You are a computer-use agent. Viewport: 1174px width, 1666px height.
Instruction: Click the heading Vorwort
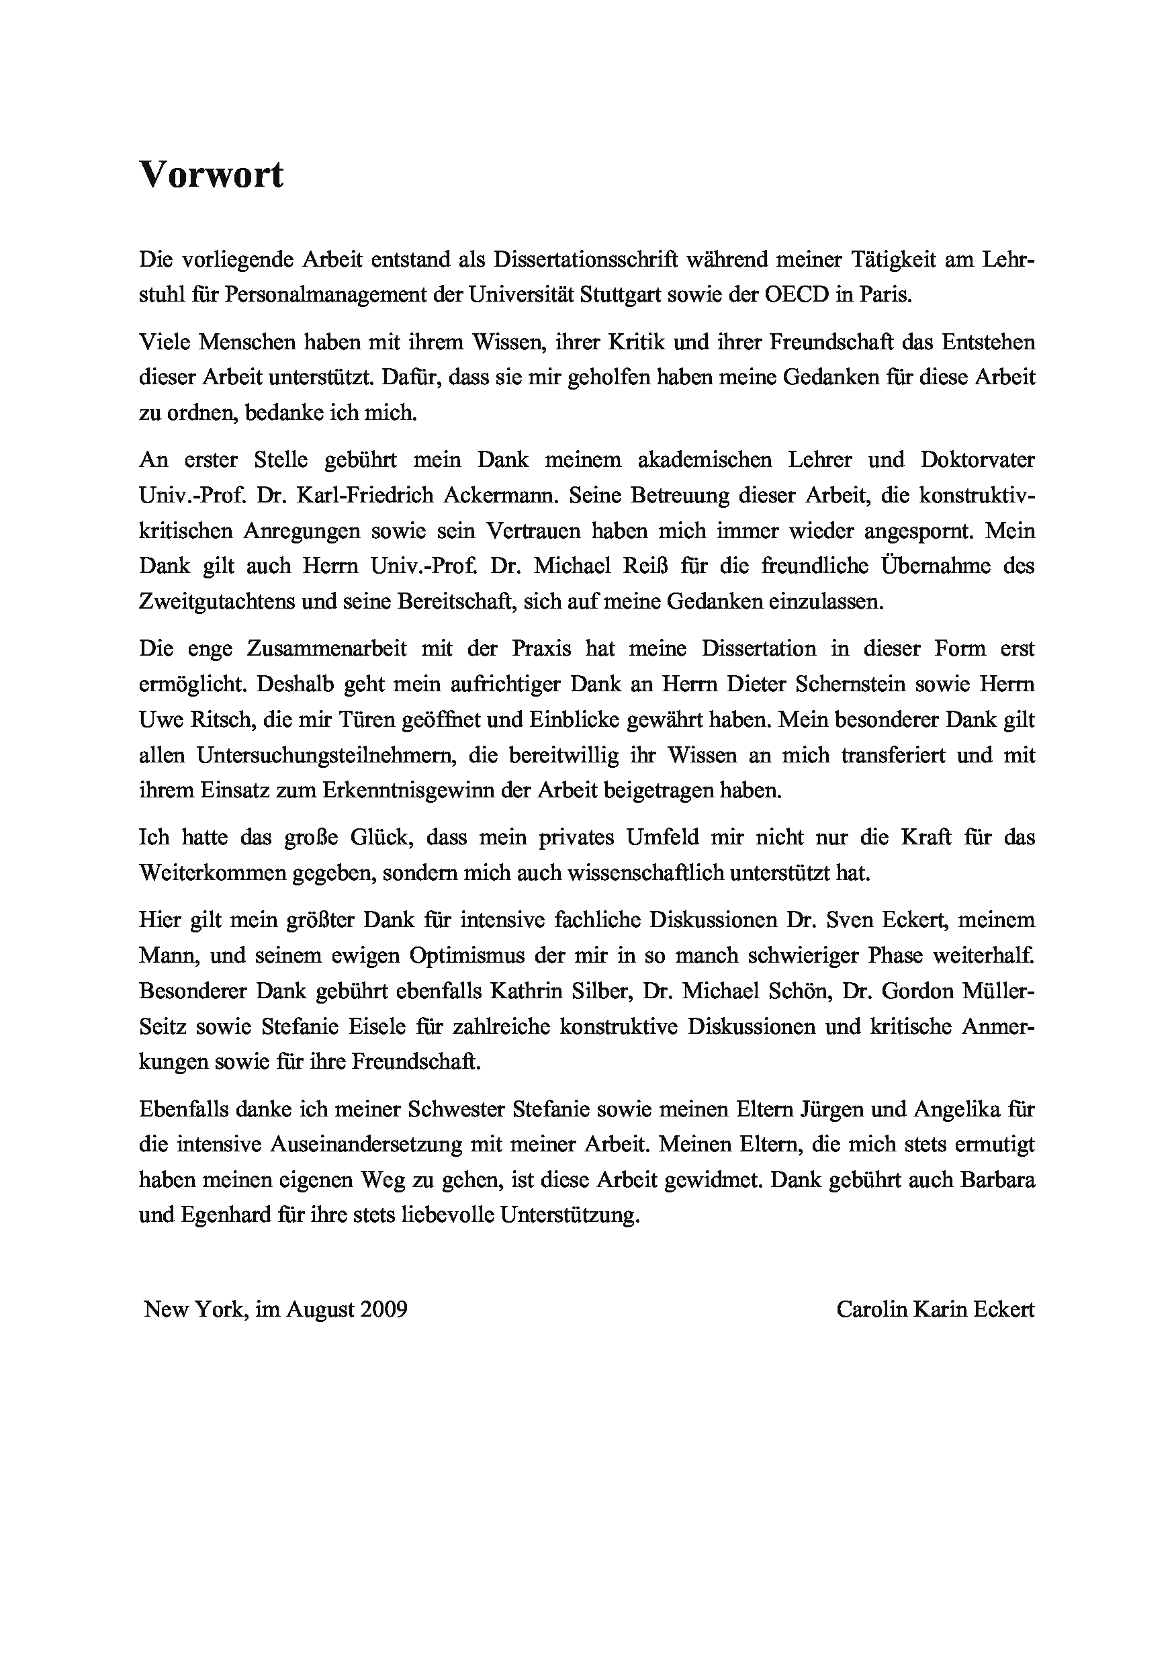tap(211, 175)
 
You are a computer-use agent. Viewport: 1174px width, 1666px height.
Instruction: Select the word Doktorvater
tap(977, 459)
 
